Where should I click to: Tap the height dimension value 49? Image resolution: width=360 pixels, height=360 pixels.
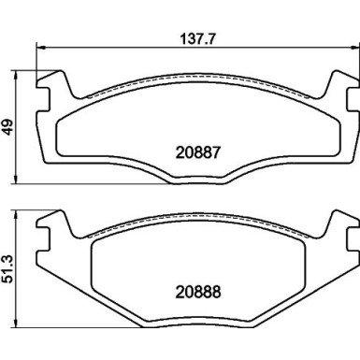pos(9,127)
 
